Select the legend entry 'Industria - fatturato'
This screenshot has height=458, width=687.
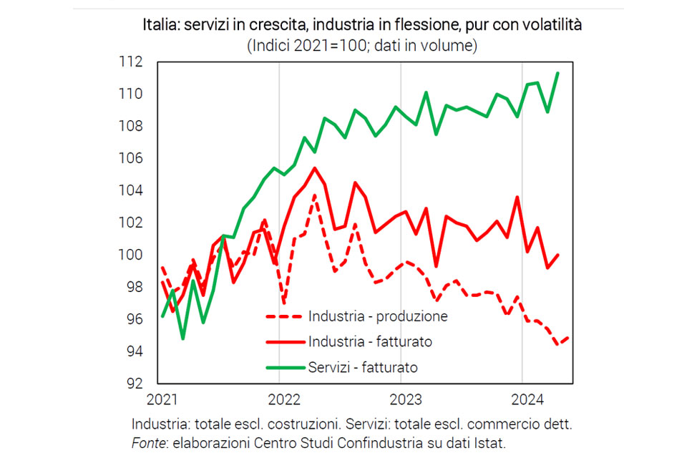pyautogui.click(x=370, y=341)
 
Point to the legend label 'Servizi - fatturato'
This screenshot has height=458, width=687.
pyautogui.click(x=363, y=367)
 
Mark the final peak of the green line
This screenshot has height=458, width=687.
pyautogui.click(x=557, y=73)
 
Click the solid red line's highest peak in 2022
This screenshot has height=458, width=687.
pyautogui.click(x=314, y=168)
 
